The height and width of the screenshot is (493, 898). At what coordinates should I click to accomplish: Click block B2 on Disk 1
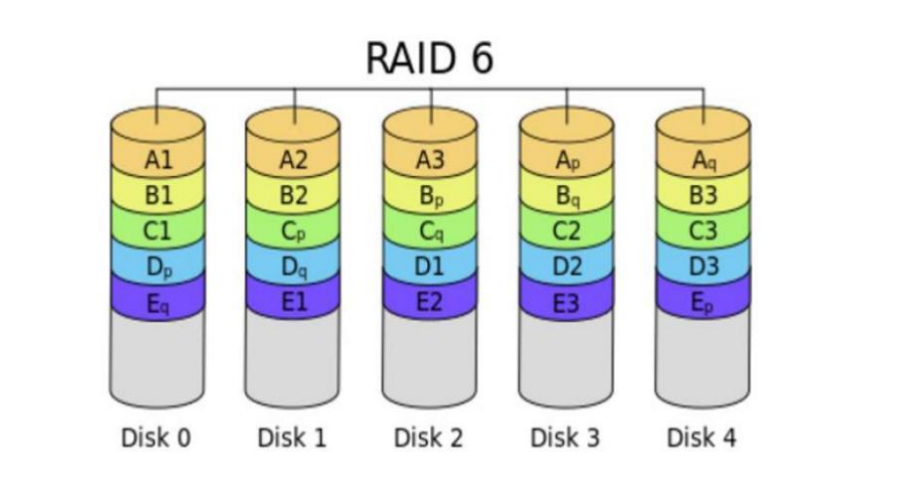(x=293, y=196)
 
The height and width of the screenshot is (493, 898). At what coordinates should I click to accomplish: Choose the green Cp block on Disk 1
(x=293, y=232)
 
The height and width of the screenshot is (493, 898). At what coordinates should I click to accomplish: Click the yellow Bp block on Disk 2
(x=430, y=196)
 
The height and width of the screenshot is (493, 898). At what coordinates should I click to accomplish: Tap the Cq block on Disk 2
(x=430, y=232)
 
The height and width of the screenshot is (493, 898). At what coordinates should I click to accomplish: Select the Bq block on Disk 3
(x=567, y=196)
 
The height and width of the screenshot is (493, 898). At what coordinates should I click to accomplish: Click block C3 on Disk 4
(x=703, y=232)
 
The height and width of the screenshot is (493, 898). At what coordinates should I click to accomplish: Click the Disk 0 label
(x=156, y=437)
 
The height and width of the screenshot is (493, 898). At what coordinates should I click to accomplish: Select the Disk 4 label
(x=703, y=437)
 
